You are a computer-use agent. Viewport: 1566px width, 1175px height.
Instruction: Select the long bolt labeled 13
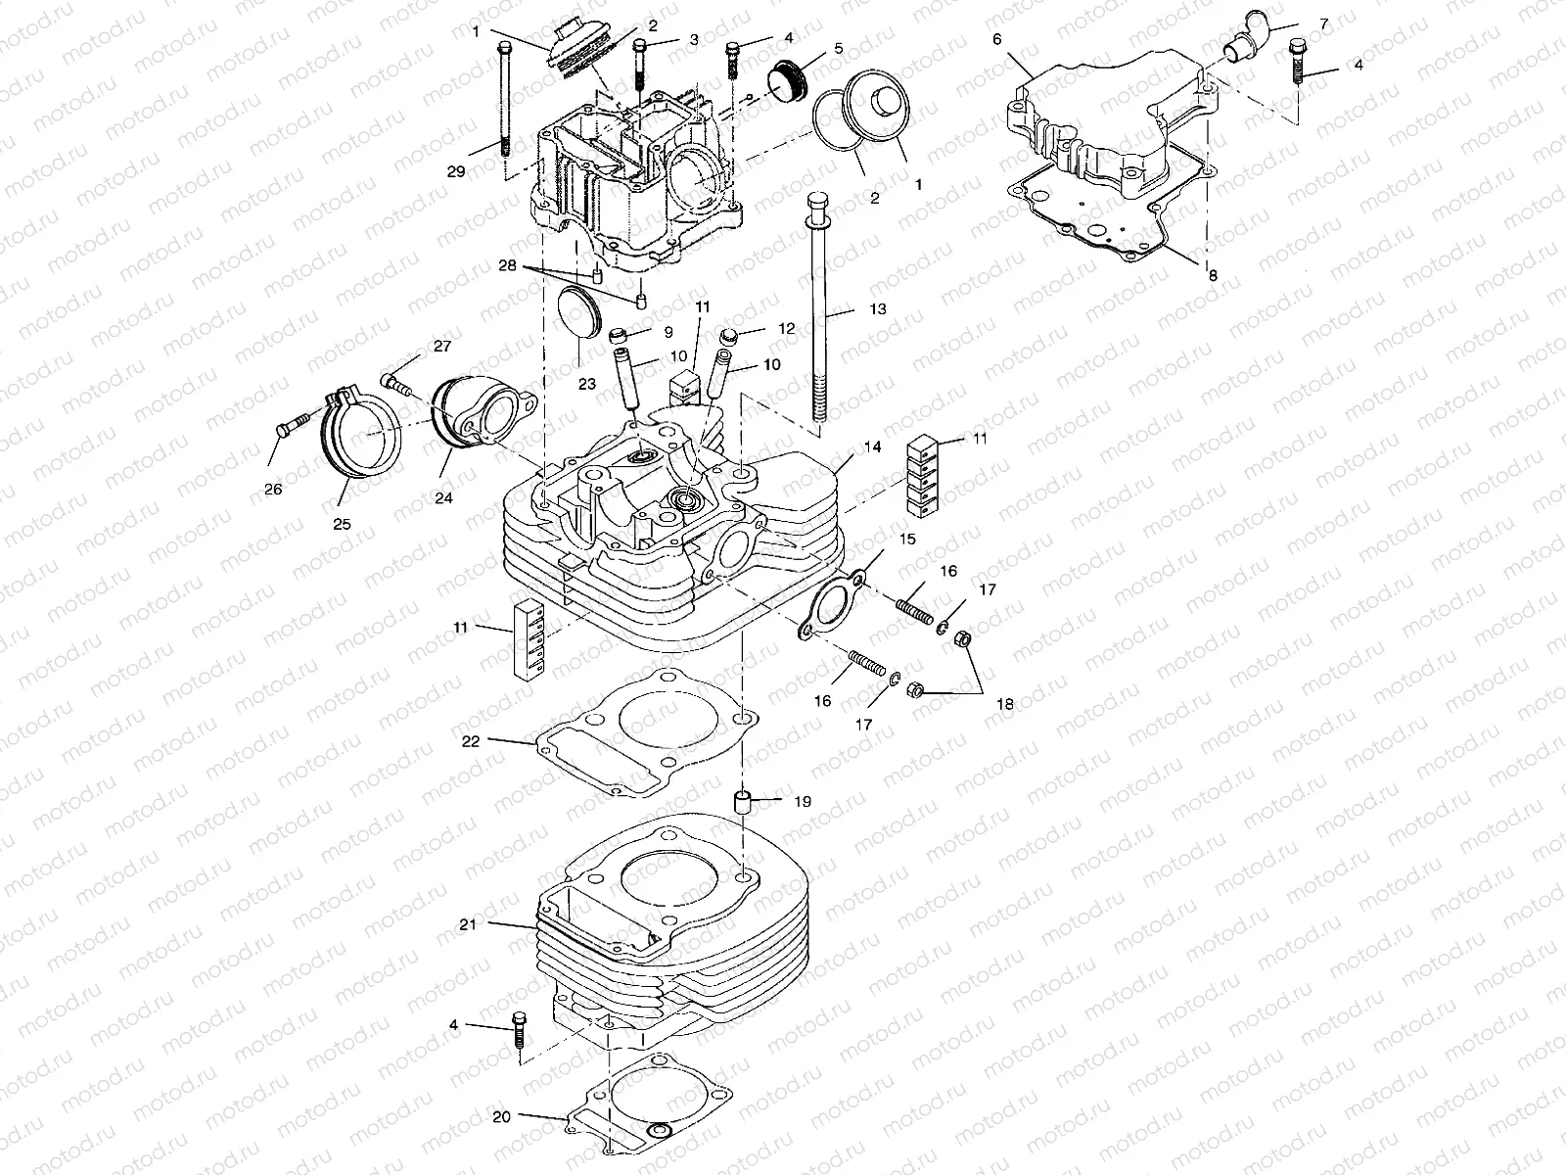pyautogui.click(x=817, y=313)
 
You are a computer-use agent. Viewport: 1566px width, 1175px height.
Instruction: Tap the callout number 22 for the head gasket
pyautogui.click(x=471, y=741)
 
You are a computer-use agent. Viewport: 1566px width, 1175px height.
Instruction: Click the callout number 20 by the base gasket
pyautogui.click(x=502, y=1116)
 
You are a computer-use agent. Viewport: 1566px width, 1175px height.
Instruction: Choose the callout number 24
pyautogui.click(x=444, y=497)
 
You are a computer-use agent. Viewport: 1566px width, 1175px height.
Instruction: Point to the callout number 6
pyautogui.click(x=996, y=39)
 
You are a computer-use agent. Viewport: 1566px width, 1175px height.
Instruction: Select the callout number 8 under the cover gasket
pyautogui.click(x=1213, y=276)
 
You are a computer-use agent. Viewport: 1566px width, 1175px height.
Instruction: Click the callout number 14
pyautogui.click(x=872, y=446)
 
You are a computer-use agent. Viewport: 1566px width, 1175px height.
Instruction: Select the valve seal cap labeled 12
pyautogui.click(x=729, y=338)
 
